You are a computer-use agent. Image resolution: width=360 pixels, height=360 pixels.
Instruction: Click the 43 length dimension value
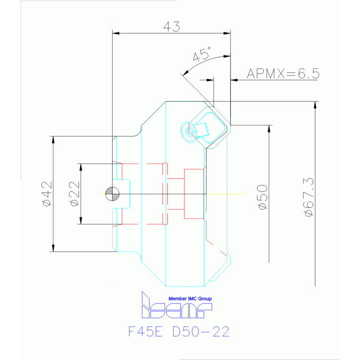171,27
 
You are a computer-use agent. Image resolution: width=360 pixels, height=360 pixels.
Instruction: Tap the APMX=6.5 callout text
283,73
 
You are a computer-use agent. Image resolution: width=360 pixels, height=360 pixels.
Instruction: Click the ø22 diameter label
74,194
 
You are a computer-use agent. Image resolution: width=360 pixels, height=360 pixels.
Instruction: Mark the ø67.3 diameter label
308,197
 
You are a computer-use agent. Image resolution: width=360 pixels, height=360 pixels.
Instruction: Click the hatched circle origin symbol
113,193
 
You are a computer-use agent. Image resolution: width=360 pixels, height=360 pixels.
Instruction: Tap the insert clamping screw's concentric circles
190,132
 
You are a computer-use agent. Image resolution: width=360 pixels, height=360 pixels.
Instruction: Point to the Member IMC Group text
190,299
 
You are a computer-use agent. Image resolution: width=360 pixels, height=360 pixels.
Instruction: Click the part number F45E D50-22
179,332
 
